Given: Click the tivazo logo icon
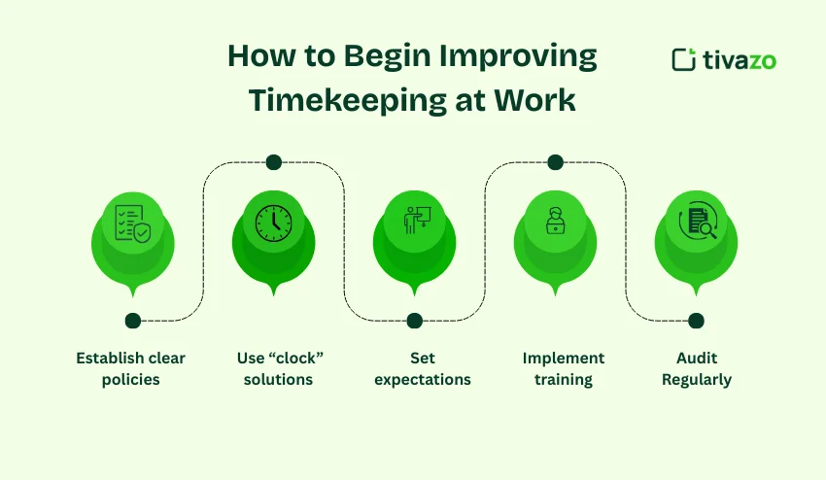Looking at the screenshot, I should [x=683, y=59].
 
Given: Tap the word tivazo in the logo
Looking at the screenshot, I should [x=738, y=60].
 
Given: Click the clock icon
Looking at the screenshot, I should [x=273, y=223].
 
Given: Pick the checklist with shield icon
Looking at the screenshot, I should [x=132, y=223].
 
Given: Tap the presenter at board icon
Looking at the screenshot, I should [x=414, y=222].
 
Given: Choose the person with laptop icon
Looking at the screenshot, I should [x=555, y=222].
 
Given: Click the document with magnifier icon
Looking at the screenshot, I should [x=696, y=222].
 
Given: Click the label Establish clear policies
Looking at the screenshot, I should [x=131, y=368].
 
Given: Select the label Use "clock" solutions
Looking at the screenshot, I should [x=280, y=368].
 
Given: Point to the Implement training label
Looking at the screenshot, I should [x=564, y=368].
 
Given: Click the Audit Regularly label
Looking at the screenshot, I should [x=696, y=368].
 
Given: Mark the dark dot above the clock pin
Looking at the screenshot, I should [x=273, y=162].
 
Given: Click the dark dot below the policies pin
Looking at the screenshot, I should [x=132, y=321].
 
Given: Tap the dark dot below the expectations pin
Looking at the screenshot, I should [x=415, y=321].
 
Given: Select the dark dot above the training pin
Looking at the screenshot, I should [x=555, y=162].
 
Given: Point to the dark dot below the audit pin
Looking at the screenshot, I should [x=696, y=321].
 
